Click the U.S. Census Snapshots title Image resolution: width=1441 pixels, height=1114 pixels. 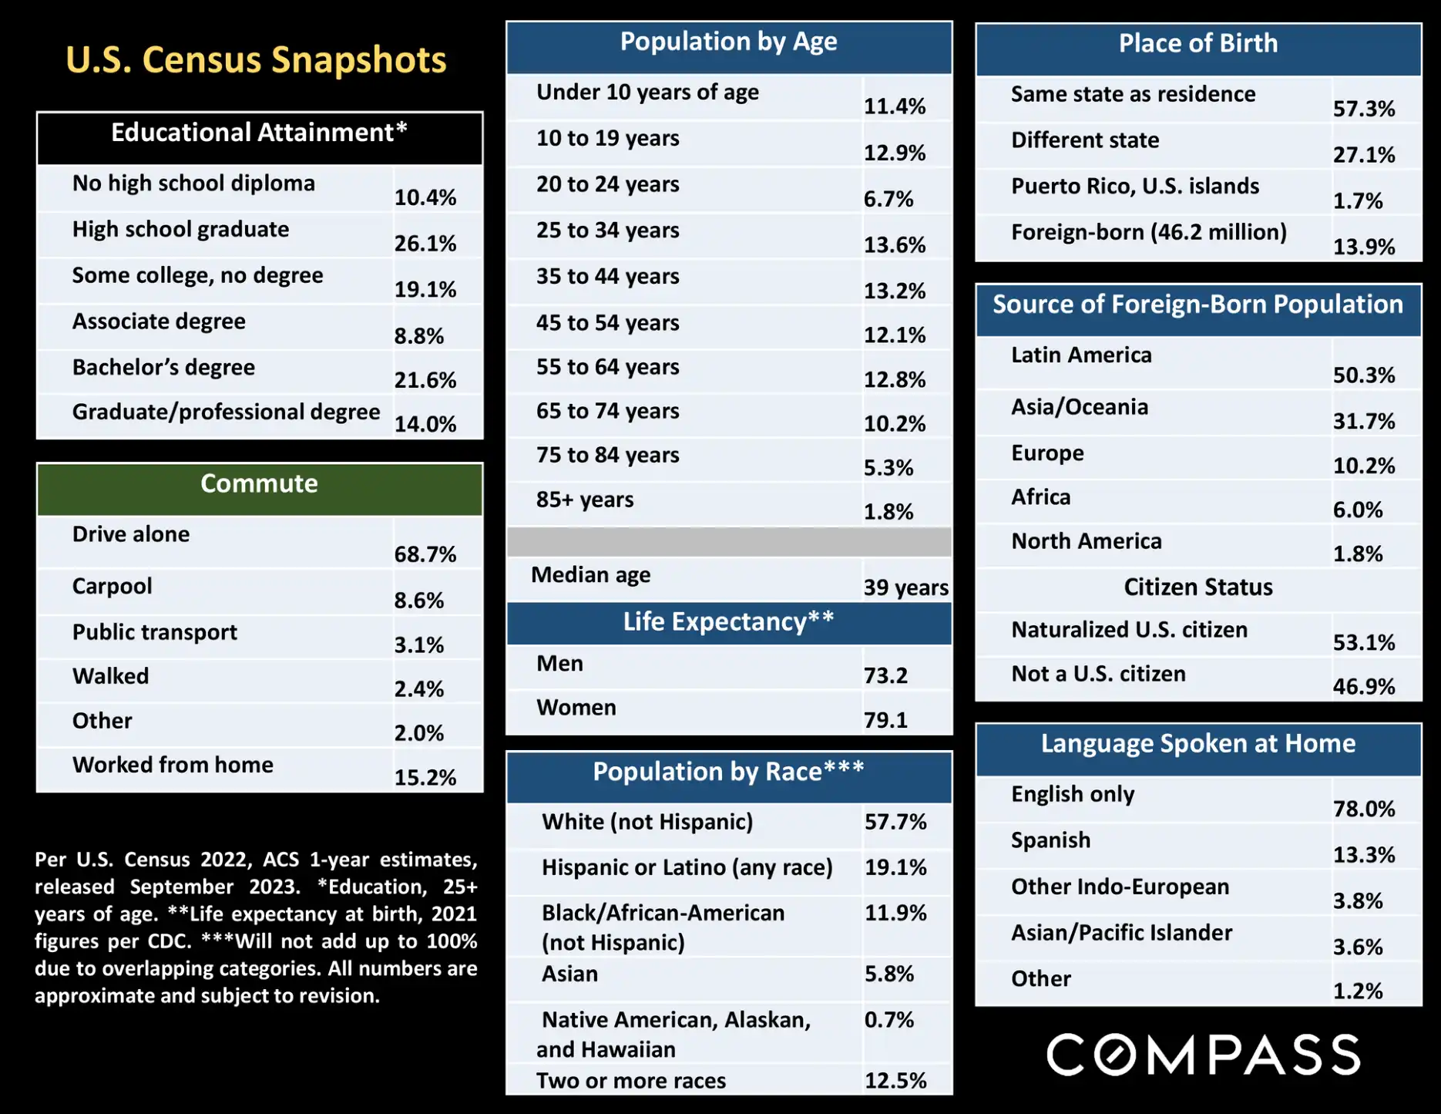tap(256, 60)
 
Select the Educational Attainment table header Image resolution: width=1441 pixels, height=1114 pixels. tap(259, 133)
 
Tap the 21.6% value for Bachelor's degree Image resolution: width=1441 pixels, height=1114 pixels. tap(425, 380)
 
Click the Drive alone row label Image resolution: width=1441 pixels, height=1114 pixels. tap(131, 534)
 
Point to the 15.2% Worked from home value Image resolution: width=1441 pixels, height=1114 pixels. tap(425, 777)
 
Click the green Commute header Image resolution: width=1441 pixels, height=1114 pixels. tap(259, 484)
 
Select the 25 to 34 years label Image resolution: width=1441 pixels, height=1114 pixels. tap(607, 231)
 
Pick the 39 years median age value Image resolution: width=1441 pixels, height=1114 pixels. tap(905, 587)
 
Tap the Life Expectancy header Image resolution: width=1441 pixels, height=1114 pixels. tap(728, 622)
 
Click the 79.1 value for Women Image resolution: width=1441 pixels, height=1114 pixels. tap(885, 720)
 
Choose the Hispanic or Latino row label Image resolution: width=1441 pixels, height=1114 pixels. tap(687, 867)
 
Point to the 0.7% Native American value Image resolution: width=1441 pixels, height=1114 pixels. tap(888, 1020)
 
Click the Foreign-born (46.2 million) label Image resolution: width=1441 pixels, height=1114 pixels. tap(1148, 232)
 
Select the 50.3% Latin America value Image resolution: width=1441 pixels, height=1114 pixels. tap(1363, 375)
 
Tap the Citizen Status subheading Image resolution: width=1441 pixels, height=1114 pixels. tap(1197, 587)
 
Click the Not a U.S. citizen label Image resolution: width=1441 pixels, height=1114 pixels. tap(1098, 674)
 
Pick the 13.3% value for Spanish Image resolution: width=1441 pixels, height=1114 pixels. tap(1363, 855)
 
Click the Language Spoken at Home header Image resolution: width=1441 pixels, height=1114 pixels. tap(1197, 744)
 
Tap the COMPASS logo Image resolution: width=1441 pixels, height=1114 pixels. tap(1203, 1055)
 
